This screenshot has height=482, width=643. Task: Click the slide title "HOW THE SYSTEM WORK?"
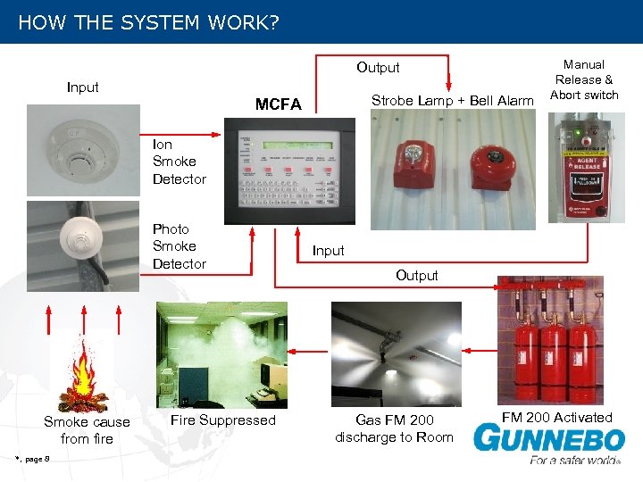click(x=148, y=22)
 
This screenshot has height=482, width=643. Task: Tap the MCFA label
click(x=279, y=104)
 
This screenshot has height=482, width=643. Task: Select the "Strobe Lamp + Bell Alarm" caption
click(x=452, y=101)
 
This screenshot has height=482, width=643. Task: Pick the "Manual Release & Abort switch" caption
click(x=584, y=79)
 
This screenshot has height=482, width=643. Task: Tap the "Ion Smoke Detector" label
click(x=179, y=162)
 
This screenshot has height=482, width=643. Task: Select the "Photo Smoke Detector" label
click(x=179, y=246)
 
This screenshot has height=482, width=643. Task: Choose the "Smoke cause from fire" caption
click(x=87, y=430)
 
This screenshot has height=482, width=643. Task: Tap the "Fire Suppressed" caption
click(x=223, y=420)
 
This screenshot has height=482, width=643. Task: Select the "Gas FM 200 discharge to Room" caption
click(x=394, y=428)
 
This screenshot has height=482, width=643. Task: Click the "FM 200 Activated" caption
click(x=556, y=418)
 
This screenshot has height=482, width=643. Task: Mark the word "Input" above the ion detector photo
click(x=83, y=87)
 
